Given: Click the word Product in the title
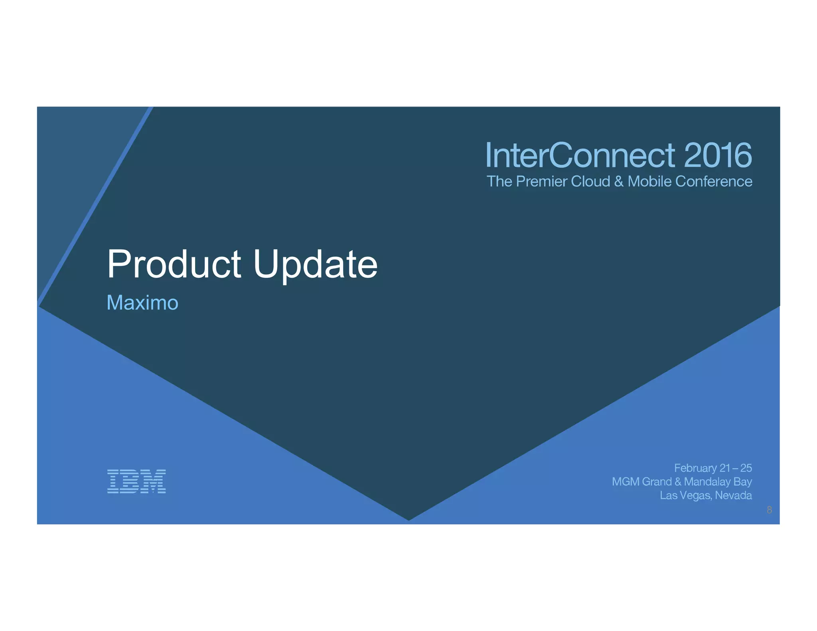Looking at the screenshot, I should pos(174,264).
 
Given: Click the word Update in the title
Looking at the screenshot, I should pos(315,264).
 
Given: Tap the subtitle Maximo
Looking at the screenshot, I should pos(142,302).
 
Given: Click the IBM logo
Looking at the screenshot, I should pos(136,481).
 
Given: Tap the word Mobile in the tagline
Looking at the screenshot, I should pos(650,181).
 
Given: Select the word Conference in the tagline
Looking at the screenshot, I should pos(714,181).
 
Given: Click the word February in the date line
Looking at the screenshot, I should pos(695,468).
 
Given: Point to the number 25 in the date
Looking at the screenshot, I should pos(746,468).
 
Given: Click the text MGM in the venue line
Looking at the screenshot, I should pos(626,482).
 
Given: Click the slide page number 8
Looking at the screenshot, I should pos(770,510).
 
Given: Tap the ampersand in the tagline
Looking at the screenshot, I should pos(619,181).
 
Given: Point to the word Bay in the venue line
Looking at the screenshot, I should pos(742,482).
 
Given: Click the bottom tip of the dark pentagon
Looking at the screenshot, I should pos(408,519).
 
